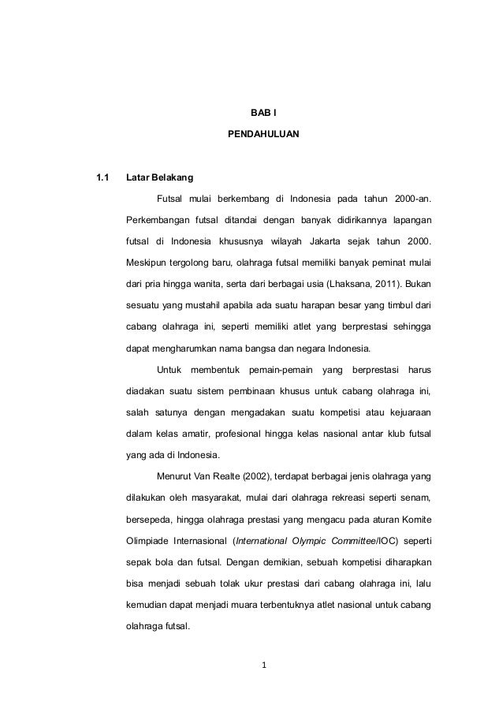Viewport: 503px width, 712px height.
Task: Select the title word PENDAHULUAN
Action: [263, 136]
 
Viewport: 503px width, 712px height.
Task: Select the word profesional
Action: [250, 434]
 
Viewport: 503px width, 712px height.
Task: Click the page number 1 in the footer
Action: [264, 672]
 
